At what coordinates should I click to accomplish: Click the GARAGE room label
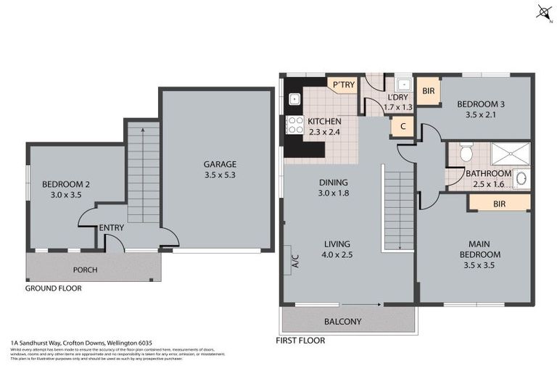(x=220, y=164)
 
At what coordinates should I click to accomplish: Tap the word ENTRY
(x=112, y=228)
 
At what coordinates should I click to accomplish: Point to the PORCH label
(x=85, y=270)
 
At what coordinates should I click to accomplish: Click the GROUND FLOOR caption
(x=54, y=288)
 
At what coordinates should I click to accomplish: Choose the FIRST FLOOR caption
(x=300, y=340)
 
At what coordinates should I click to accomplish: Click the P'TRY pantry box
(x=344, y=86)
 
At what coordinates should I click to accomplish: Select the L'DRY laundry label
(x=397, y=97)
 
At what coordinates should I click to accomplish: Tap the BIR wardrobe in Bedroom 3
(x=428, y=91)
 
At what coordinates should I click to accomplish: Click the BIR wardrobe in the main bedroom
(x=499, y=204)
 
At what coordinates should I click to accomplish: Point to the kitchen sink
(x=294, y=99)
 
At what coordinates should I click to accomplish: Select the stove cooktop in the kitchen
(x=294, y=125)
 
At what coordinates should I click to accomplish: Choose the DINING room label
(x=334, y=183)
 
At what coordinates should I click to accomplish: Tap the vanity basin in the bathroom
(x=524, y=178)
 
